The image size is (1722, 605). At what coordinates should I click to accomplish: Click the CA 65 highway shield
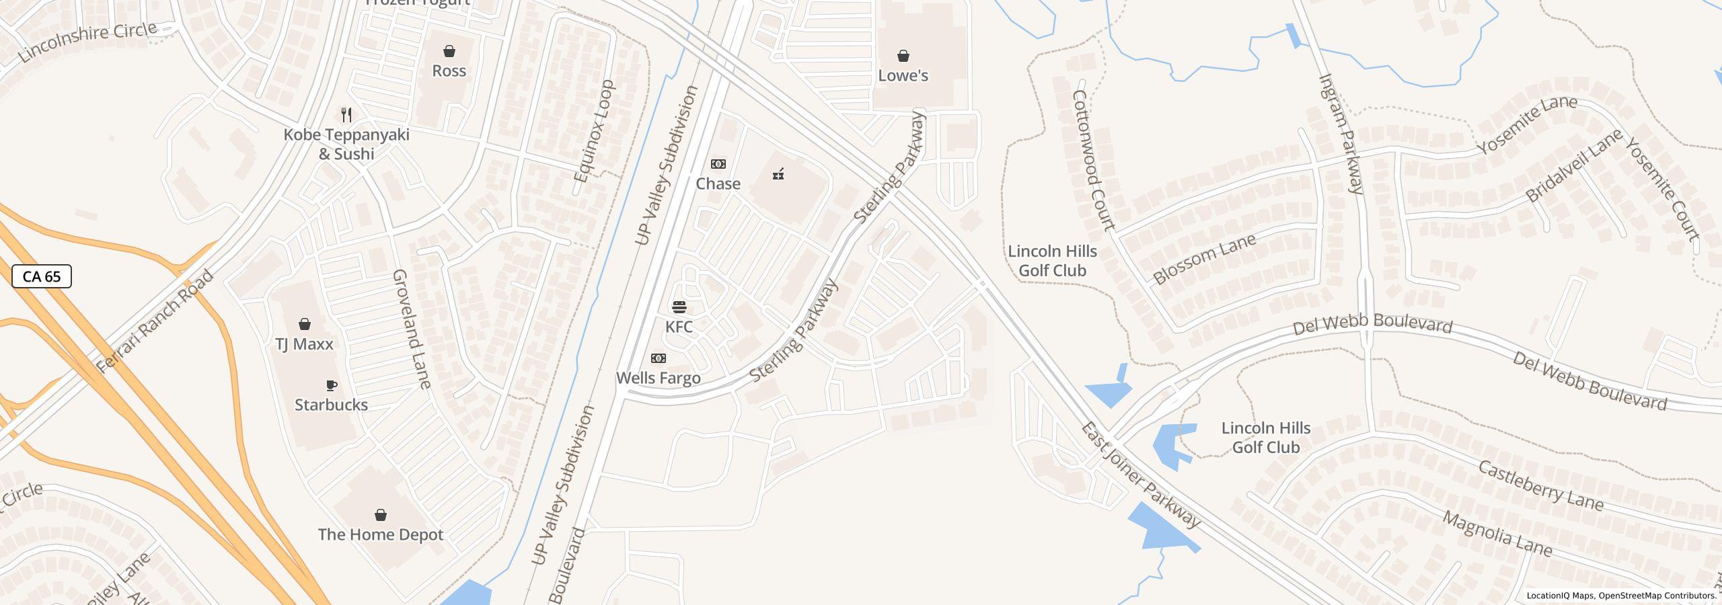click(42, 276)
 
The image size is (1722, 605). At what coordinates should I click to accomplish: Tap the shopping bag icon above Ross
click(449, 52)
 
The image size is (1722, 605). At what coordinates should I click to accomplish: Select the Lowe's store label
click(903, 75)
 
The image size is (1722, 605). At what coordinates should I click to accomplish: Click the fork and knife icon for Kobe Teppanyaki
click(346, 115)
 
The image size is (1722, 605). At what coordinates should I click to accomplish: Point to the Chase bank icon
click(718, 164)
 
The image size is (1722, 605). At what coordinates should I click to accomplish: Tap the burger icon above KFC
click(679, 308)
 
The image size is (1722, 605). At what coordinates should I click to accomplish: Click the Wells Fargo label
click(659, 378)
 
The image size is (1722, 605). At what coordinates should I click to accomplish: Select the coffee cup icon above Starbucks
click(331, 386)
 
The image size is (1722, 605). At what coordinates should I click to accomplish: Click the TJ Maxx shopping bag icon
click(305, 325)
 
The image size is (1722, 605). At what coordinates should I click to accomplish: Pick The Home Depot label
click(381, 534)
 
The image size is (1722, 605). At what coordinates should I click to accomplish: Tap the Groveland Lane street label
click(411, 329)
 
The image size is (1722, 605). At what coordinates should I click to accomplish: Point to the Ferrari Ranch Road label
click(155, 322)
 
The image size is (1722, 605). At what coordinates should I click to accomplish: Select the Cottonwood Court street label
click(1094, 160)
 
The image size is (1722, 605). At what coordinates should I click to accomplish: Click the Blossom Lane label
click(1204, 259)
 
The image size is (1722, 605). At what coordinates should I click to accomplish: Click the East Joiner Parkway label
click(1141, 475)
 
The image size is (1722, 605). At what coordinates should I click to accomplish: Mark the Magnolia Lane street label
click(1497, 535)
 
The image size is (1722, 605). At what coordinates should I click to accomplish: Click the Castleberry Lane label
click(1540, 485)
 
